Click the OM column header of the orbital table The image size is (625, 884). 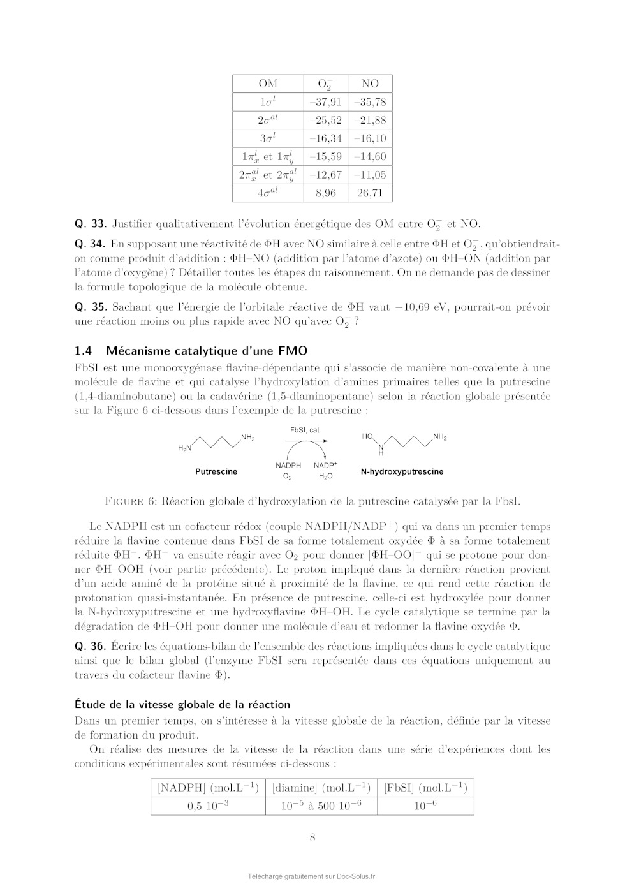pyautogui.click(x=268, y=84)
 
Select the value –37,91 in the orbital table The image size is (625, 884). pyautogui.click(x=325, y=102)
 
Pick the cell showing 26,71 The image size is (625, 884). pyautogui.click(x=370, y=193)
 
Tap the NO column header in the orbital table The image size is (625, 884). pyautogui.click(x=370, y=84)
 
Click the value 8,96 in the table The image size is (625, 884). pyautogui.click(x=325, y=193)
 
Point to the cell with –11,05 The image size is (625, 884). pyautogui.click(x=370, y=175)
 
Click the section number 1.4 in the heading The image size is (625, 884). pyautogui.click(x=84, y=350)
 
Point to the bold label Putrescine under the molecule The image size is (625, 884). pyautogui.click(x=216, y=471)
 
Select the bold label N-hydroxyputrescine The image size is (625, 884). pyautogui.click(x=402, y=471)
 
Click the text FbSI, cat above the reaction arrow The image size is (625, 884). pyautogui.click(x=305, y=431)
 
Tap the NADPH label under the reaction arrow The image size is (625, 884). pyautogui.click(x=288, y=466)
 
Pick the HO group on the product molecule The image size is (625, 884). pyautogui.click(x=367, y=437)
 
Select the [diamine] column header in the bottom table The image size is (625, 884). pyautogui.click(x=321, y=788)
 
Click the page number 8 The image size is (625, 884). pyautogui.click(x=312, y=837)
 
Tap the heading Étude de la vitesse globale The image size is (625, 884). pyautogui.click(x=182, y=704)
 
